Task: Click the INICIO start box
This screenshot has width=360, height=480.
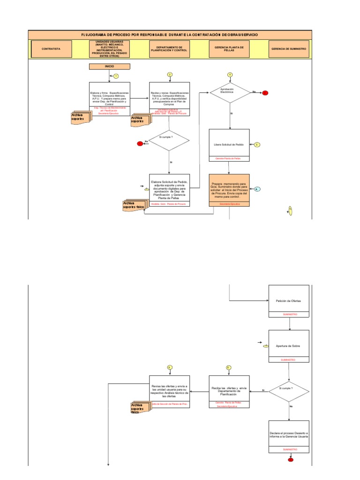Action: [x=109, y=67]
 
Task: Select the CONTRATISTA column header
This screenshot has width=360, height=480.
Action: [x=52, y=49]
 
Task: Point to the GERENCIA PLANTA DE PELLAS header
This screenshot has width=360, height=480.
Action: [x=230, y=49]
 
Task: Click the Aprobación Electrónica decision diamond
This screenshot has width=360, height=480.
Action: [x=230, y=92]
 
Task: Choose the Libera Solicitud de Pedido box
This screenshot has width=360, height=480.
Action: [x=230, y=144]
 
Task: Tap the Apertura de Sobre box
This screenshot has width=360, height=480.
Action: [x=289, y=345]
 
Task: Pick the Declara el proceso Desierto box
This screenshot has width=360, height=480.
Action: [x=289, y=435]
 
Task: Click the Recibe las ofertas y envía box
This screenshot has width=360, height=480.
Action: [x=230, y=390]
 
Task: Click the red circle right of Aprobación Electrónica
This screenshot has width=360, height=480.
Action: [x=265, y=93]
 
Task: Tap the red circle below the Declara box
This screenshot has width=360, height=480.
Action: [x=291, y=460]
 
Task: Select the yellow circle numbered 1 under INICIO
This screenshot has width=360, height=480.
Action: [x=116, y=76]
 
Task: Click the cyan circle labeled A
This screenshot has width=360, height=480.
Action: [x=257, y=189]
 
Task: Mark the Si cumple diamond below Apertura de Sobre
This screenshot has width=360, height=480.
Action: [x=289, y=389]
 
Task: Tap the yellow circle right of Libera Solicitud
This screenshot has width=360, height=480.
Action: [x=257, y=144]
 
